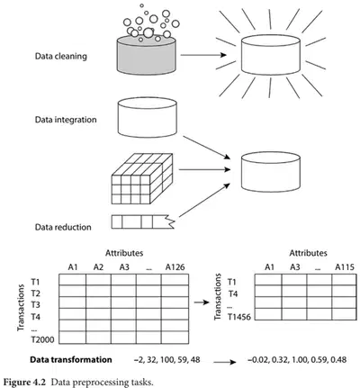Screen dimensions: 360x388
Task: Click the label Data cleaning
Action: point(61,56)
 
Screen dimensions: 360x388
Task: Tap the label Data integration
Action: point(66,120)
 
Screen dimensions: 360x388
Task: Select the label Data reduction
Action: point(63,227)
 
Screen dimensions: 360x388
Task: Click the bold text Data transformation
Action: point(71,359)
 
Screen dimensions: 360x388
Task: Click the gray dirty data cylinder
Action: point(147,55)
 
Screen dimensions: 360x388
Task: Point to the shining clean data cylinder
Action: point(271,55)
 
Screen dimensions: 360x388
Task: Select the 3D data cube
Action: point(142,179)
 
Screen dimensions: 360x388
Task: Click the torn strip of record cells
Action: point(143,221)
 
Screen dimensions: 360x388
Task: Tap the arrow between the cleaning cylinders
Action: point(203,55)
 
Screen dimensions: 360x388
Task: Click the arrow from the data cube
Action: point(204,169)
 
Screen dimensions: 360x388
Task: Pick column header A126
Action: point(175,266)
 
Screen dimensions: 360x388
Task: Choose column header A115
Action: point(345,266)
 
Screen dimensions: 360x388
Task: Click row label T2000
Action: point(43,339)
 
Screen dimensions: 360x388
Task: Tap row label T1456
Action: point(239,317)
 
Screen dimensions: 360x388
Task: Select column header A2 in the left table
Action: point(98,266)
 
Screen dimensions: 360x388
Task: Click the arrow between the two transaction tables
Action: point(202,302)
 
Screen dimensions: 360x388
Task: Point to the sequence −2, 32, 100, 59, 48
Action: point(167,359)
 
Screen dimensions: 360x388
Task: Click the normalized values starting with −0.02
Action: point(297,359)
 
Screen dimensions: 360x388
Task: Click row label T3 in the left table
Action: point(35,305)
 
